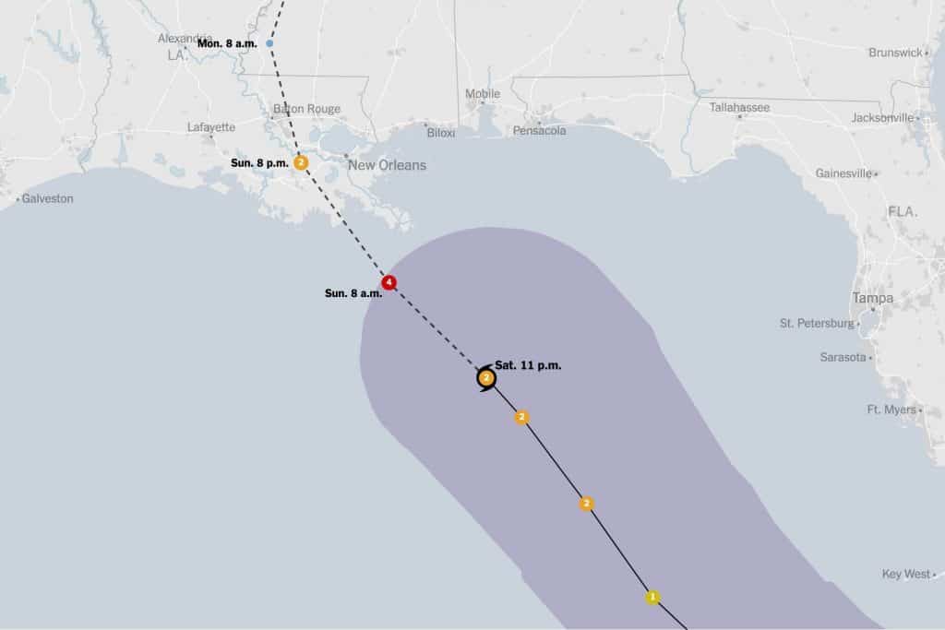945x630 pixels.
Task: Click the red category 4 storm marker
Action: pos(389,282)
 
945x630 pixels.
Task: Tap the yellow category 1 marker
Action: pos(652,597)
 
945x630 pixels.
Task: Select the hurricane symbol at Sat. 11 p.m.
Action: pos(486,377)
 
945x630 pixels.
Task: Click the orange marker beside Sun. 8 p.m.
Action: pos(301,162)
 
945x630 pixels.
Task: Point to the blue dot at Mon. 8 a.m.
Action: pos(269,43)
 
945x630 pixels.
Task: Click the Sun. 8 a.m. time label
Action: pos(353,293)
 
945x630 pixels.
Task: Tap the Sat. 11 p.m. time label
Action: pos(528,365)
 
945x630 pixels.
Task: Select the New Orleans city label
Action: pos(387,165)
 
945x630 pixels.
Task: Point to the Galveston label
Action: pos(47,198)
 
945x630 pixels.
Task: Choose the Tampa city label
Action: pos(872,298)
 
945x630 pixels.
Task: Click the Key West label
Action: pos(905,574)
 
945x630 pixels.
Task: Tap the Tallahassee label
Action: pos(739,108)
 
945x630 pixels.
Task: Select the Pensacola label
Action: pos(540,131)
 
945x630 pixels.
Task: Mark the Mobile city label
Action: pos(483,94)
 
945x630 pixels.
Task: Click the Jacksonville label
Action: pos(882,118)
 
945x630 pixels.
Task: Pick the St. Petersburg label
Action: pos(817,323)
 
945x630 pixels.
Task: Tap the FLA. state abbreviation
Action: pos(903,212)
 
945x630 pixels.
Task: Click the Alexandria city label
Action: pos(185,39)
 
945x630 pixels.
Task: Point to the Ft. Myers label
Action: pos(891,410)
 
